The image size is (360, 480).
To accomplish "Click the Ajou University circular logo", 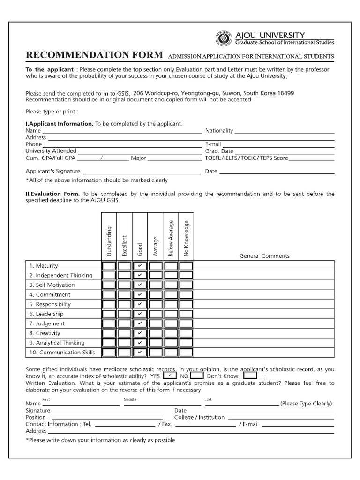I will pos(223,38).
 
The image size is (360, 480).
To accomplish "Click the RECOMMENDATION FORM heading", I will pos(94,55).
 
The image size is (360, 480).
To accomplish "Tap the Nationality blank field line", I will pos(284,132).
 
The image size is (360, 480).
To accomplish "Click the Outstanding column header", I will pos(110,241).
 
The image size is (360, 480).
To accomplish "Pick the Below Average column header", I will pos(171,238).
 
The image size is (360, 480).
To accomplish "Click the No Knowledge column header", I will pos(186,238).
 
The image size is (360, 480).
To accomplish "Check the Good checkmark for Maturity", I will pos(140,266).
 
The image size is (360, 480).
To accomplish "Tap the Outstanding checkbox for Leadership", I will pos(110,314).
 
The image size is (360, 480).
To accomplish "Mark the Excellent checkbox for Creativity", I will pos(125,333).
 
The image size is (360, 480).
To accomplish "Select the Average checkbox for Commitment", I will pos(155,295).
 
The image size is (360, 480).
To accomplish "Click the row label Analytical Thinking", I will pos(60,343).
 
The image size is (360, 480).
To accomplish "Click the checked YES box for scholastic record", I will pos(169,376).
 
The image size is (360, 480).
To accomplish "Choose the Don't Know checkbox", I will pos(251,376).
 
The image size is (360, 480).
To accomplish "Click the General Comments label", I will pos(264,256).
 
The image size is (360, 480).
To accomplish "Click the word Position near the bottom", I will pos(36,417).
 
